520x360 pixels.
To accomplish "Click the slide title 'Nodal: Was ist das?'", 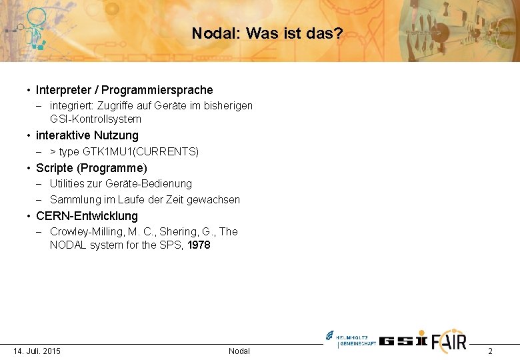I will (267, 33).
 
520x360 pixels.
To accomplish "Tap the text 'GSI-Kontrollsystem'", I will (95, 119).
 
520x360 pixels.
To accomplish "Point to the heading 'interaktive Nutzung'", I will (87, 136).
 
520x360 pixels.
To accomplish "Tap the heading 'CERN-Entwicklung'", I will (87, 216).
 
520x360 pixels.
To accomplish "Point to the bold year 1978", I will (199, 245).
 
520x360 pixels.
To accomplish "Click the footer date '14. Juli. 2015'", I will (37, 351).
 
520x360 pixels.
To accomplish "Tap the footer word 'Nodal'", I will (239, 351).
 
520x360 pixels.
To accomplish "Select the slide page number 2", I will (490, 351).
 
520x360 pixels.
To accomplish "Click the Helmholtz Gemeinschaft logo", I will (350, 339).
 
